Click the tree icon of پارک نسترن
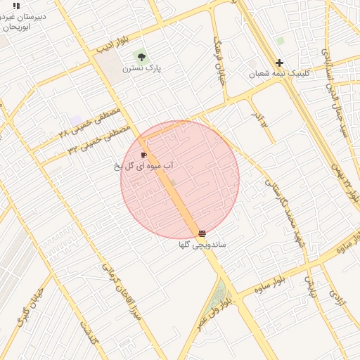pyautogui.click(x=143, y=56)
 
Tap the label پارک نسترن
pyautogui.click(x=142, y=68)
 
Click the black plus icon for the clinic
pyautogui.click(x=279, y=63)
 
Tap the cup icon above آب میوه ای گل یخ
pyautogui.click(x=144, y=155)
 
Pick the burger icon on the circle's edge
pyautogui.click(x=202, y=233)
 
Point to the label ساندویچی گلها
pyautogui.click(x=202, y=245)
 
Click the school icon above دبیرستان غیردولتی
pyautogui.click(x=16, y=6)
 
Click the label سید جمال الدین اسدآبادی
pyautogui.click(x=335, y=84)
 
